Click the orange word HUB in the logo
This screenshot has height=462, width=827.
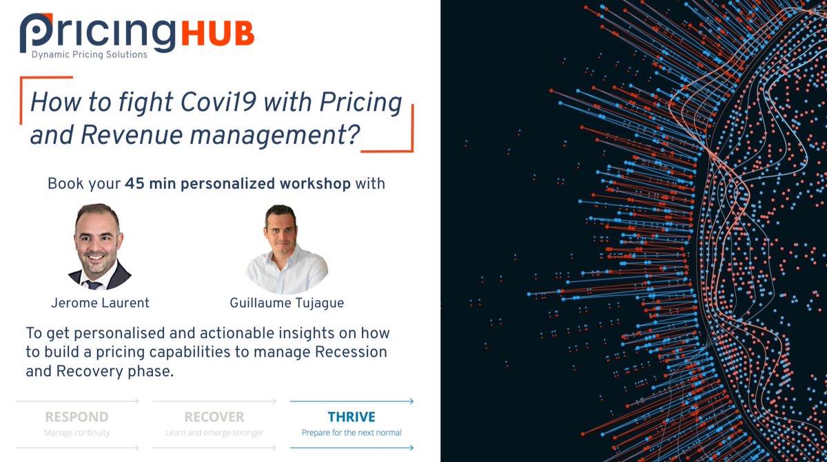tap(218, 33)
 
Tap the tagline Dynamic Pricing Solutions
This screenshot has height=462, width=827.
tap(89, 54)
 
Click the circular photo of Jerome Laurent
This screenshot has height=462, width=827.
tap(100, 246)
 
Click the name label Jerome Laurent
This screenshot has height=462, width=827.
tap(100, 302)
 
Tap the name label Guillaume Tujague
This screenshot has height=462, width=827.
tap(286, 302)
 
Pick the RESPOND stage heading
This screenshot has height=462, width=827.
tap(76, 417)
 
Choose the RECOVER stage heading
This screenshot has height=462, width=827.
tap(214, 417)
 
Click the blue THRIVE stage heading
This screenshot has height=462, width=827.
tap(351, 417)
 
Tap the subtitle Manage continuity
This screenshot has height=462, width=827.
tap(76, 433)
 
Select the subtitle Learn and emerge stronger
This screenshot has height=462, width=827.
tap(214, 433)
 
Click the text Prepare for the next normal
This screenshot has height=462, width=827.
tap(351, 433)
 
